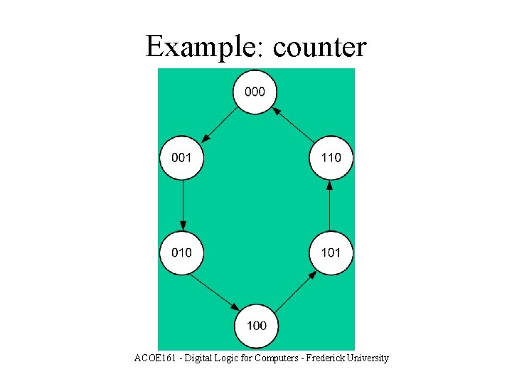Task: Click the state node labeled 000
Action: click(255, 92)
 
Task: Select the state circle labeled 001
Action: click(182, 157)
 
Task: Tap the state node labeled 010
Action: click(182, 252)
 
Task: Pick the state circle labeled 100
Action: click(257, 326)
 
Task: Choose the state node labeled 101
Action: click(331, 252)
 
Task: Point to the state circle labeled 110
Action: click(331, 157)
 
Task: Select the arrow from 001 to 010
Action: click(183, 205)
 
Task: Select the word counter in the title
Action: click(319, 48)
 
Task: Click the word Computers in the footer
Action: click(276, 358)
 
